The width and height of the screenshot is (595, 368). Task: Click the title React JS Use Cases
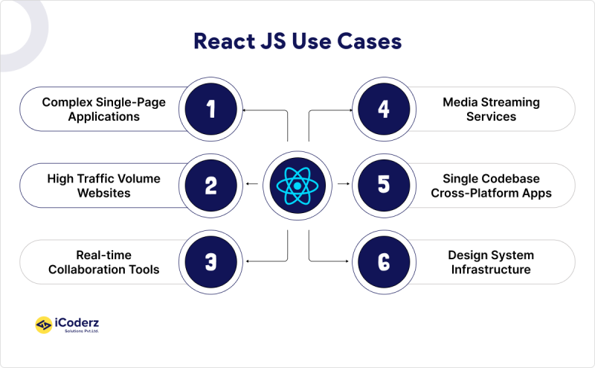coord(297,41)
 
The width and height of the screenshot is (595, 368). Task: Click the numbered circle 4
coord(384,110)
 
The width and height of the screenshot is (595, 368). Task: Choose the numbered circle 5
coord(384,185)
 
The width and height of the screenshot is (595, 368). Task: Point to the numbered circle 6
coord(384,261)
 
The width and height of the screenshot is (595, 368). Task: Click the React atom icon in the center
coord(297,185)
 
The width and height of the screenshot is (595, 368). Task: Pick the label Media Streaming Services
coord(491,110)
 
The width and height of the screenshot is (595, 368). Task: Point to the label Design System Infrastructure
coord(491,261)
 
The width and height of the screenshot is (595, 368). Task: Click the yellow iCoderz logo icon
coord(44,325)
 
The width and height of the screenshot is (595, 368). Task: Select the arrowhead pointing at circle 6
coord(347,261)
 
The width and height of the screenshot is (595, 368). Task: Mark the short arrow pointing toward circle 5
coord(343,184)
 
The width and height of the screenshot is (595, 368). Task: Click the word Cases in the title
coord(370,41)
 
